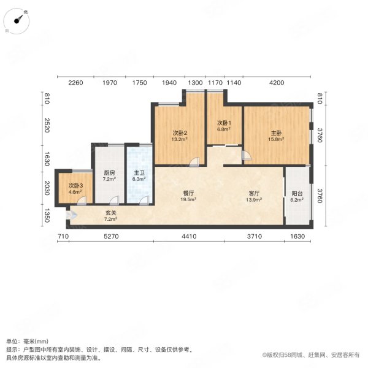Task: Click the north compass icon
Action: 20,19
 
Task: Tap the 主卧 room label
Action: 276,133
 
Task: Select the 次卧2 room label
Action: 180,133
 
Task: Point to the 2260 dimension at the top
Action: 75,82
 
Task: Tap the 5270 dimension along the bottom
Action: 110,237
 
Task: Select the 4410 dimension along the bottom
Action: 189,237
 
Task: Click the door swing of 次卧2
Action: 194,161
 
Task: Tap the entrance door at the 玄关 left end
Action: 71,215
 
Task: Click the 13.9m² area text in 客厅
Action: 253,200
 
